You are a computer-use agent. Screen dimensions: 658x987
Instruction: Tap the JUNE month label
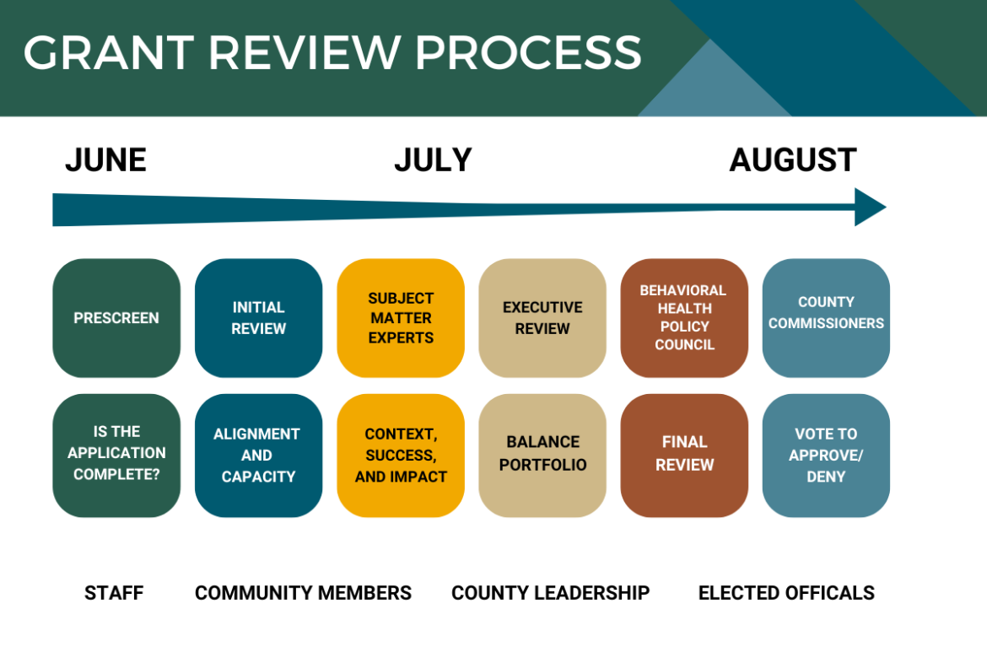[105, 160]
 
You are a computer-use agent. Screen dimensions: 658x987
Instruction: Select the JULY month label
[433, 160]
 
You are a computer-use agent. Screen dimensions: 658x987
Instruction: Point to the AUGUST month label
[792, 160]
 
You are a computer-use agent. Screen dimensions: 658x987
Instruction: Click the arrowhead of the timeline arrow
[869, 208]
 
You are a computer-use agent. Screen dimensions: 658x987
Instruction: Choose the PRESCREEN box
[116, 318]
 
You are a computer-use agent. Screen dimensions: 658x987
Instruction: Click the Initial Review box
[258, 318]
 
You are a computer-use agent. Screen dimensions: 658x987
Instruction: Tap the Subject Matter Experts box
[401, 318]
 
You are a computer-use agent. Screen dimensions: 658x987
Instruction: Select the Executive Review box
[542, 318]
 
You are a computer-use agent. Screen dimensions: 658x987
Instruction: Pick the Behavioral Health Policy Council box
[684, 318]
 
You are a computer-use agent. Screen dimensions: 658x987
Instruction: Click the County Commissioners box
[826, 318]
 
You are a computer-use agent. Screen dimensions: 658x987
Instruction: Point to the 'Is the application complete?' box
[116, 455]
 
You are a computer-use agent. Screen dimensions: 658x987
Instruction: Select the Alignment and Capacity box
[258, 455]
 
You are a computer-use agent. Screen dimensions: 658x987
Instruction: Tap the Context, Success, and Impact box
[401, 455]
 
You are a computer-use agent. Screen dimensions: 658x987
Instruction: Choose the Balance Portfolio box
[542, 455]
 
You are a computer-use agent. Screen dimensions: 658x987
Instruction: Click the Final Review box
[684, 455]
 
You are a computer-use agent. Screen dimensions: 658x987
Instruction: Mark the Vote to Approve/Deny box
[826, 455]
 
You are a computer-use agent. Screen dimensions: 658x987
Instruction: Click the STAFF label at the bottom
[114, 593]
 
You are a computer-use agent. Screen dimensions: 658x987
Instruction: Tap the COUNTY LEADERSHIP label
[550, 593]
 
